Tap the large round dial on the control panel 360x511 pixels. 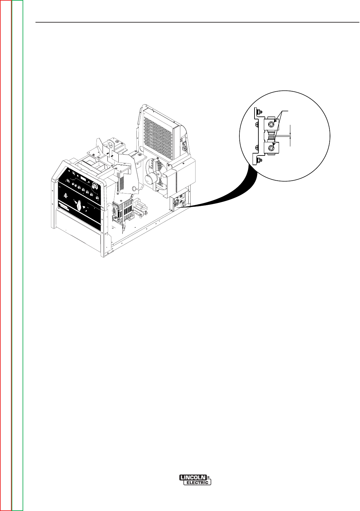(x=95, y=186)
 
